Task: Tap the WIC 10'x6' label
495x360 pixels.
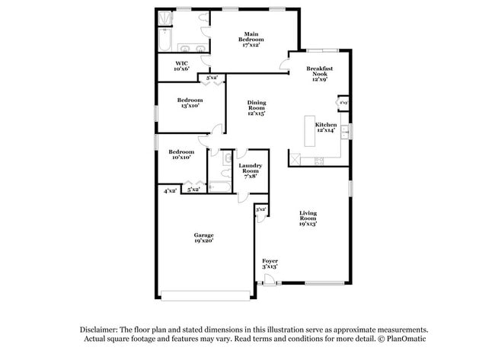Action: point(182,66)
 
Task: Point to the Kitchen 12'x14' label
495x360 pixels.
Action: point(327,127)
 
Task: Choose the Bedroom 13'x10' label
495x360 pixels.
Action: point(190,103)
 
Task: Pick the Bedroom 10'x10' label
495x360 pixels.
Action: point(181,155)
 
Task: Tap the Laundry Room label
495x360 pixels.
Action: point(251,168)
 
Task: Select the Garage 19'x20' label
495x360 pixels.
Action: point(203,237)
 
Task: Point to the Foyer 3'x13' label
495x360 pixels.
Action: point(270,263)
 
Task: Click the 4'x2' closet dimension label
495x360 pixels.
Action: point(170,190)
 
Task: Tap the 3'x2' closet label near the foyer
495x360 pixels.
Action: point(260,209)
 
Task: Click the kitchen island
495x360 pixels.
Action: point(310,132)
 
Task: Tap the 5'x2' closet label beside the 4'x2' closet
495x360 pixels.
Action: point(194,190)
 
